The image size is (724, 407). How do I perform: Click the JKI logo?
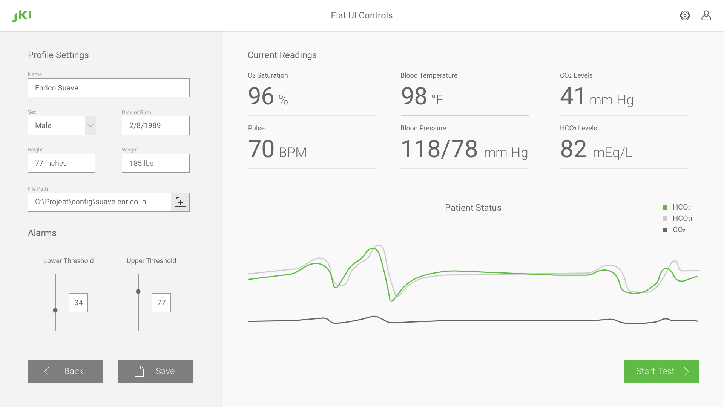[x=22, y=16]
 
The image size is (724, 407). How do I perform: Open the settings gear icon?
[x=685, y=15]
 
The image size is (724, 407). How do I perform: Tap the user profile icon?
[x=706, y=15]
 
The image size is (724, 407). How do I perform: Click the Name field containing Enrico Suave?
[x=109, y=88]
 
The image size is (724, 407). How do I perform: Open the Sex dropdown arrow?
[x=90, y=125]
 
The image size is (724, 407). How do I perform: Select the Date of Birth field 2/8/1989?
[x=155, y=125]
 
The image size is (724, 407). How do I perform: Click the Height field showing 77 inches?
[x=61, y=163]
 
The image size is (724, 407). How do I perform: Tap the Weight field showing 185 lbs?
[x=155, y=163]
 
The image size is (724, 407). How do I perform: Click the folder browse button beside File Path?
[x=180, y=202]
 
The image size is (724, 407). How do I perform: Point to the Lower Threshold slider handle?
[x=55, y=311]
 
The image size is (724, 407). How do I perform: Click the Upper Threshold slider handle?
[x=138, y=291]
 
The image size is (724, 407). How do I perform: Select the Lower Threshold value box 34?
[x=78, y=303]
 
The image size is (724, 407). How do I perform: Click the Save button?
[x=155, y=371]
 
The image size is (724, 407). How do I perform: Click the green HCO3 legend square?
[x=665, y=207]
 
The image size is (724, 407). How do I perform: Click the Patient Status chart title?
[x=473, y=208]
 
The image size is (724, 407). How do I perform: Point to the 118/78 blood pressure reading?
[x=439, y=149]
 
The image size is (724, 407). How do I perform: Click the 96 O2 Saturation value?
[x=261, y=96]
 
